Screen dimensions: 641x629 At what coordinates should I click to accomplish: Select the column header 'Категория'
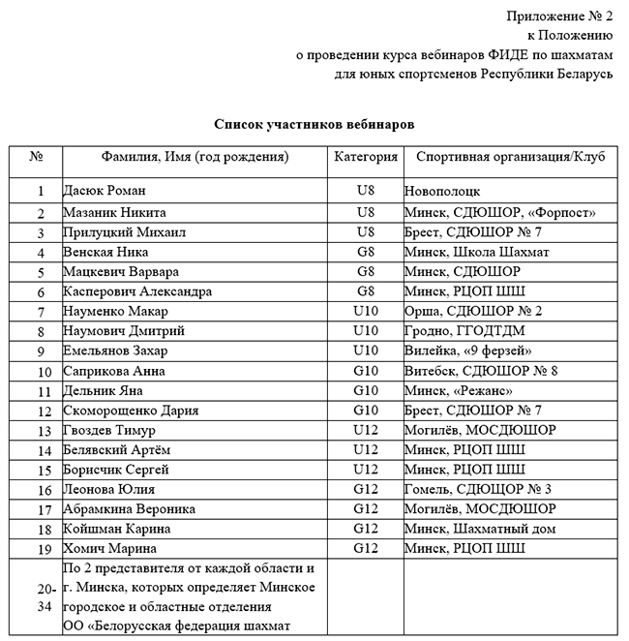[365, 157]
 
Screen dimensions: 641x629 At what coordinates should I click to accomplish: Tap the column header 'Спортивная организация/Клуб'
[510, 157]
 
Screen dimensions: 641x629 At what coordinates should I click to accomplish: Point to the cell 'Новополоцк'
[443, 192]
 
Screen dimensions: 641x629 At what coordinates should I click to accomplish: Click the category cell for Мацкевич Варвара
[365, 272]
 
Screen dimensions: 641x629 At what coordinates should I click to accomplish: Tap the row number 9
[40, 351]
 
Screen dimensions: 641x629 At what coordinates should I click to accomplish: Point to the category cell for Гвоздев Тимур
[365, 430]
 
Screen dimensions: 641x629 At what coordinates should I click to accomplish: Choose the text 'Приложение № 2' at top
[559, 15]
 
